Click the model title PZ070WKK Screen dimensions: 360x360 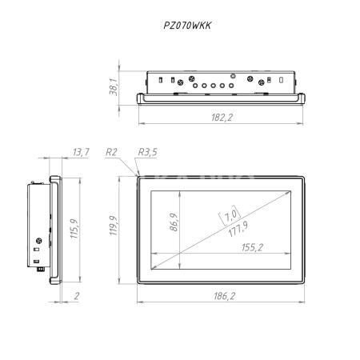187,26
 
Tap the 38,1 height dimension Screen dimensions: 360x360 113,87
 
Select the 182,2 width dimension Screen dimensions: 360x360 222,118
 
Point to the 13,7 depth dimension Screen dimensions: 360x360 81,152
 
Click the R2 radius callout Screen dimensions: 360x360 111,152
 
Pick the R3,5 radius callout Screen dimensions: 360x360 147,152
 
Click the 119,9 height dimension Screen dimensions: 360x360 114,226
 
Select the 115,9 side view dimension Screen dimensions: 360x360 74,229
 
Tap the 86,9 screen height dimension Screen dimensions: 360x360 174,222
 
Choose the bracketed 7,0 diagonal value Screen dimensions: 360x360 230,215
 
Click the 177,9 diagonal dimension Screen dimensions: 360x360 238,229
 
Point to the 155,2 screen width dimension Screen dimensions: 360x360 252,247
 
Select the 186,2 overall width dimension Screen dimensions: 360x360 225,296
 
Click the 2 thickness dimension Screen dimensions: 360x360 77,296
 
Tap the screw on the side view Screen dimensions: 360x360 39,241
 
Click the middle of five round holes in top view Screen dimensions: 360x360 213,86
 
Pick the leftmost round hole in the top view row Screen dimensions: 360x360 195,86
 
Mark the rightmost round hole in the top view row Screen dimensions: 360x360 231,86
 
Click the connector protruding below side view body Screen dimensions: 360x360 41,270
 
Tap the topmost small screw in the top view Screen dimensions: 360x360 233,76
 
